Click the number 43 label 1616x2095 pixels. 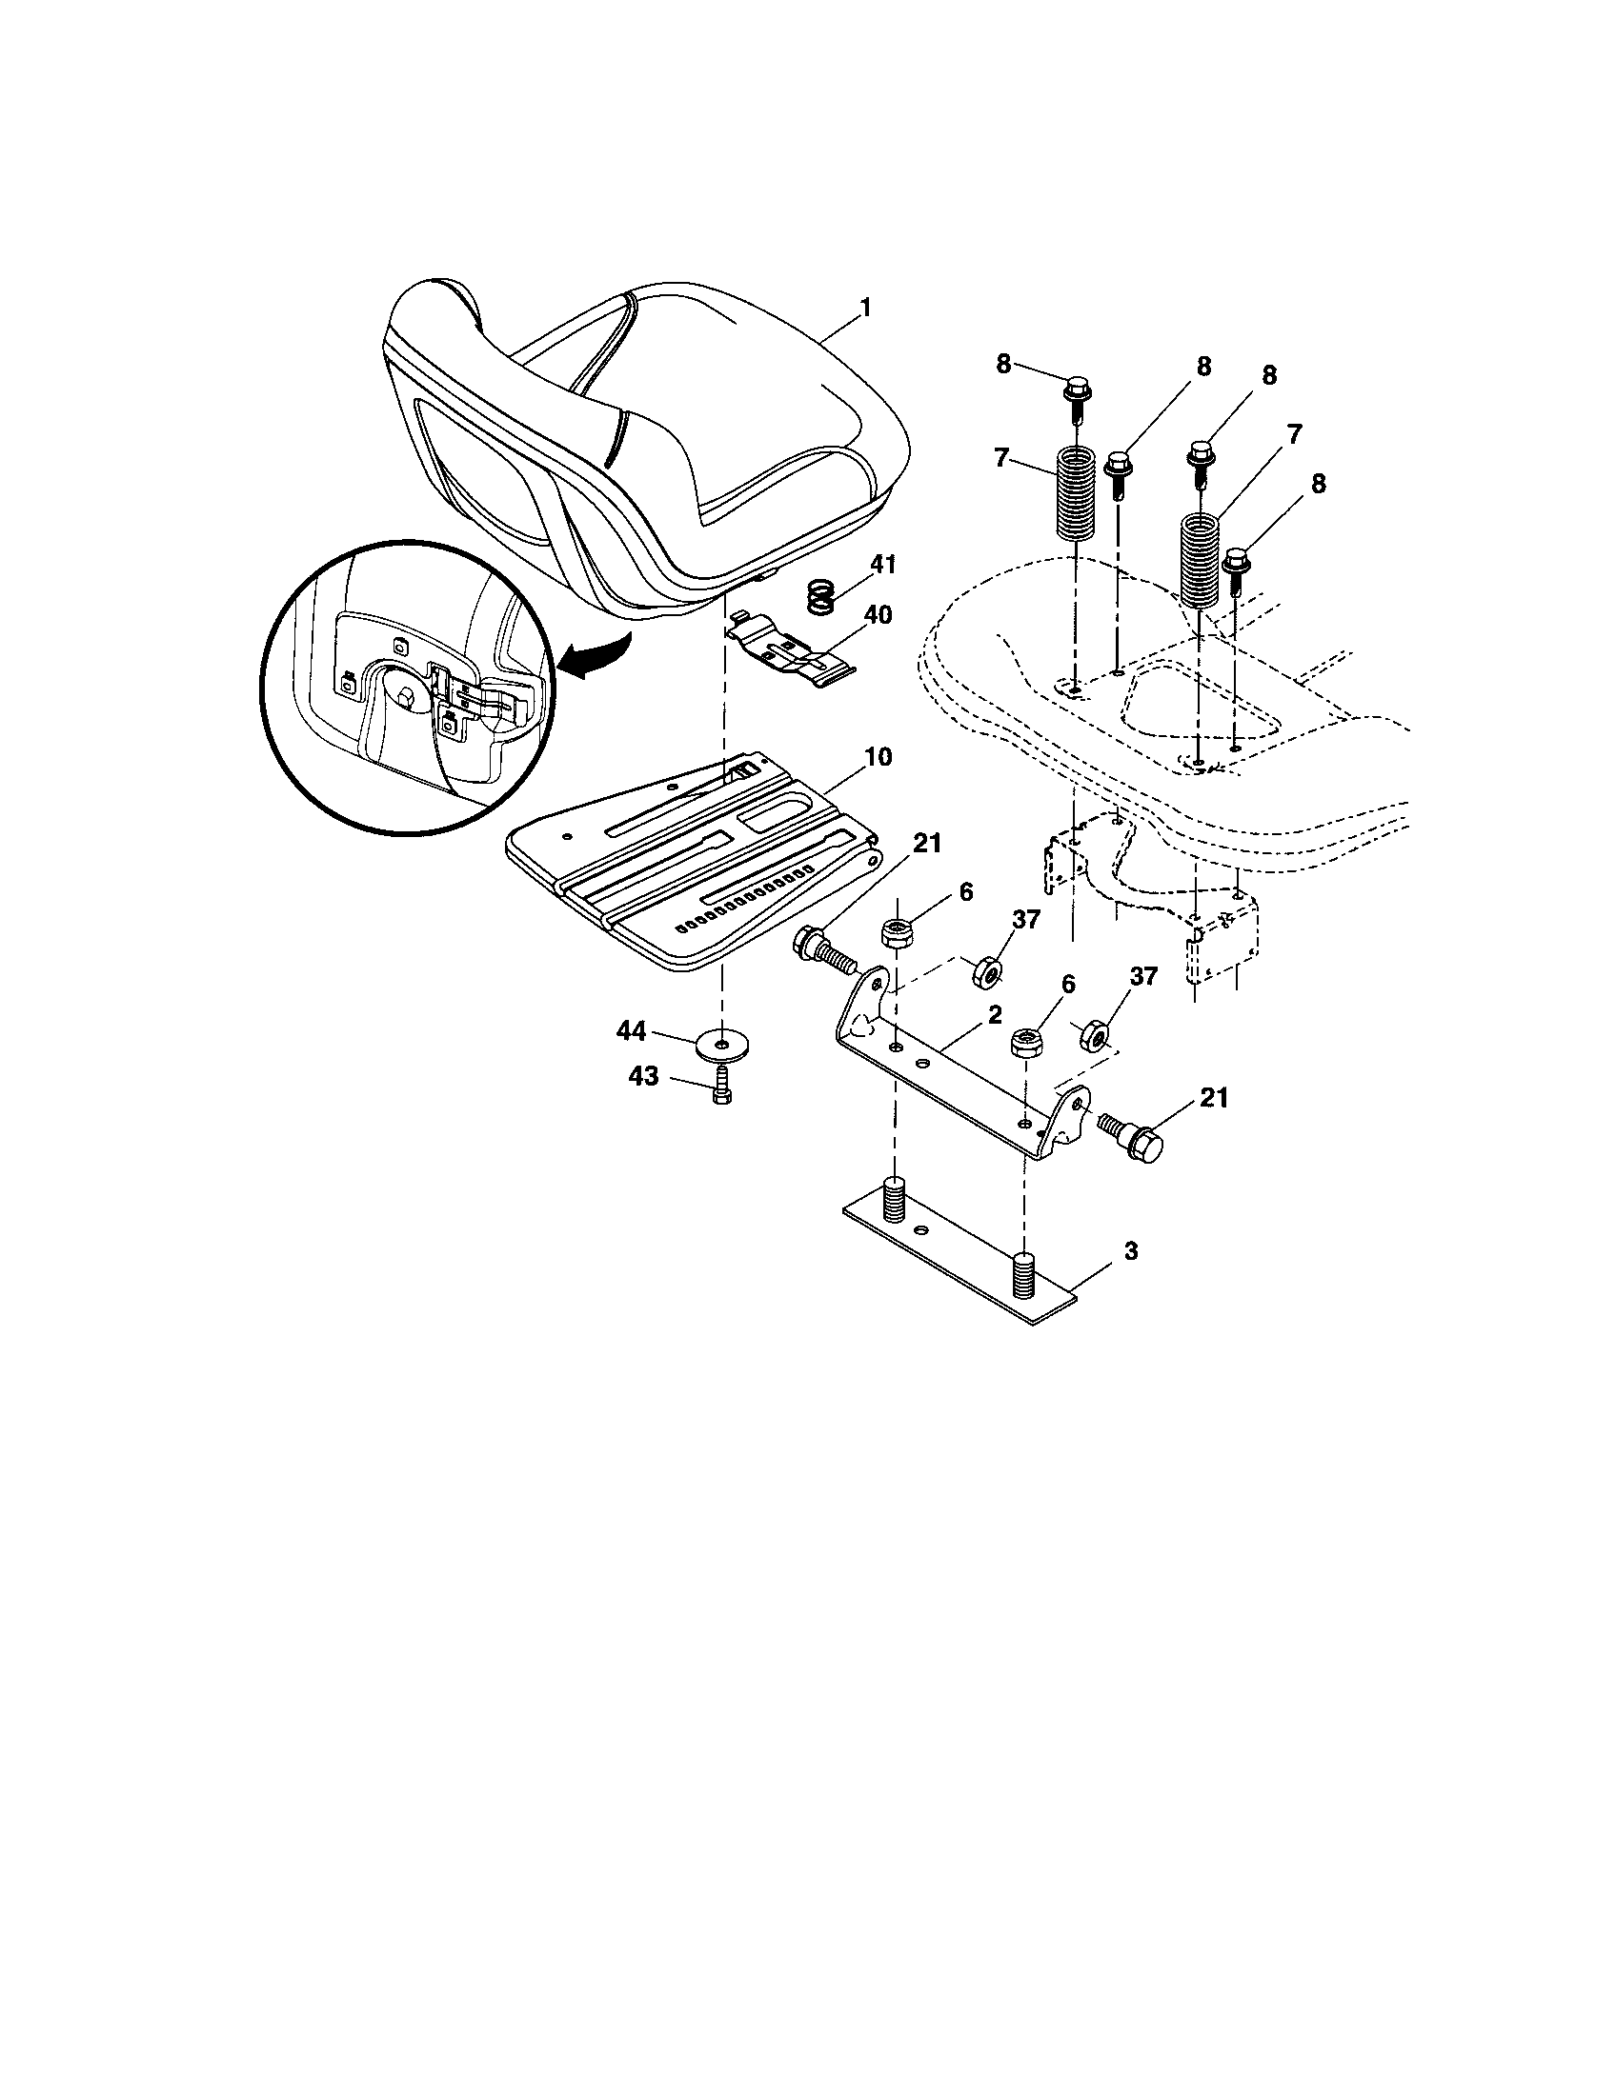click(643, 1076)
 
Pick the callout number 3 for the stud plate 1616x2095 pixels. click(1131, 1251)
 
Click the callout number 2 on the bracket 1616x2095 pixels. click(995, 1013)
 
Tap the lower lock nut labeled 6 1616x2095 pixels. click(1027, 1043)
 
